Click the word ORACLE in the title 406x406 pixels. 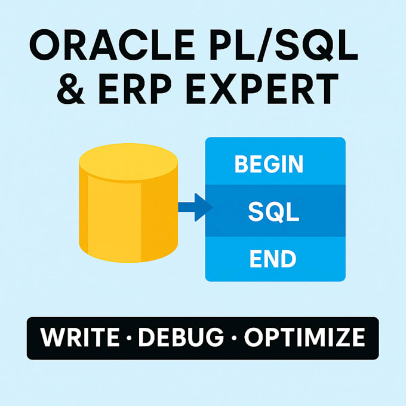(112, 45)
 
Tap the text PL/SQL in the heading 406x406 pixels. (284, 45)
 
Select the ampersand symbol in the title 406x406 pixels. (70, 88)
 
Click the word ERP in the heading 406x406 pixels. (135, 89)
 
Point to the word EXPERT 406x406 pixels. (262, 89)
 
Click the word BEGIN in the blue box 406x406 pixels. (269, 164)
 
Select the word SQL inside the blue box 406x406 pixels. (273, 212)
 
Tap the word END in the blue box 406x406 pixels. (273, 259)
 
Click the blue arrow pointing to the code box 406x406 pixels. (195, 207)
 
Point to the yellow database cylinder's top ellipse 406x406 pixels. (128, 162)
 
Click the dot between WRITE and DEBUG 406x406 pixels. (129, 338)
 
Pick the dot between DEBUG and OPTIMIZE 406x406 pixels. (234, 338)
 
